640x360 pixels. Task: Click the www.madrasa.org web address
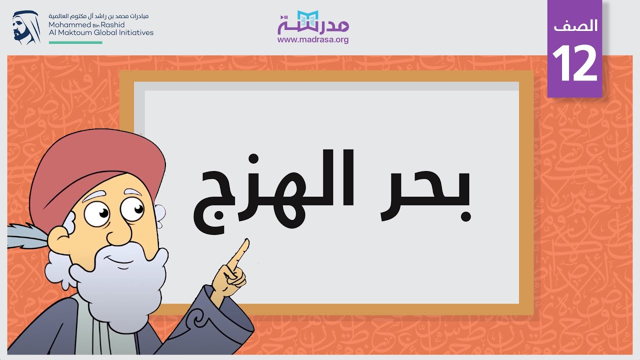click(313, 40)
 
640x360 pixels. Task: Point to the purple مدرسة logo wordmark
click(313, 25)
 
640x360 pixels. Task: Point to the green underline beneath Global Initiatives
click(75, 42)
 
